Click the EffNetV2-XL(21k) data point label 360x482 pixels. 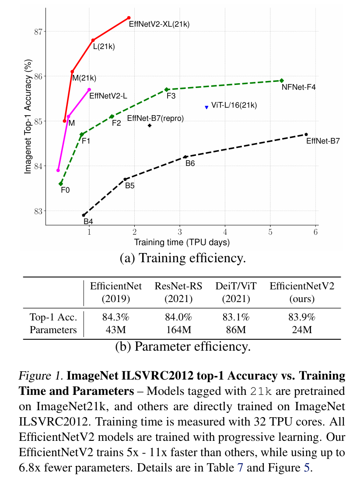[159, 25]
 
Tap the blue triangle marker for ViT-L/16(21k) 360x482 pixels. [206, 107]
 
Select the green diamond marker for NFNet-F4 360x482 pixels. [282, 81]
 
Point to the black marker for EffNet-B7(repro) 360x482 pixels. [150, 126]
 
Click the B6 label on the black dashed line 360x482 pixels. [190, 163]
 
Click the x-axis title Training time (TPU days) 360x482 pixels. [182, 242]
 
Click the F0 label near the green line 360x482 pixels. [65, 190]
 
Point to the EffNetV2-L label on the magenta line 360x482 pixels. [108, 95]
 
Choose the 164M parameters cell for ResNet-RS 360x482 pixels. [178, 330]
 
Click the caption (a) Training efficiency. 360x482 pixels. [182, 258]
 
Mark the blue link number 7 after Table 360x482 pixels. [240, 468]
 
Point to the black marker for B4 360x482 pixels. [84, 215]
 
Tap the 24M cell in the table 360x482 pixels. [302, 330]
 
